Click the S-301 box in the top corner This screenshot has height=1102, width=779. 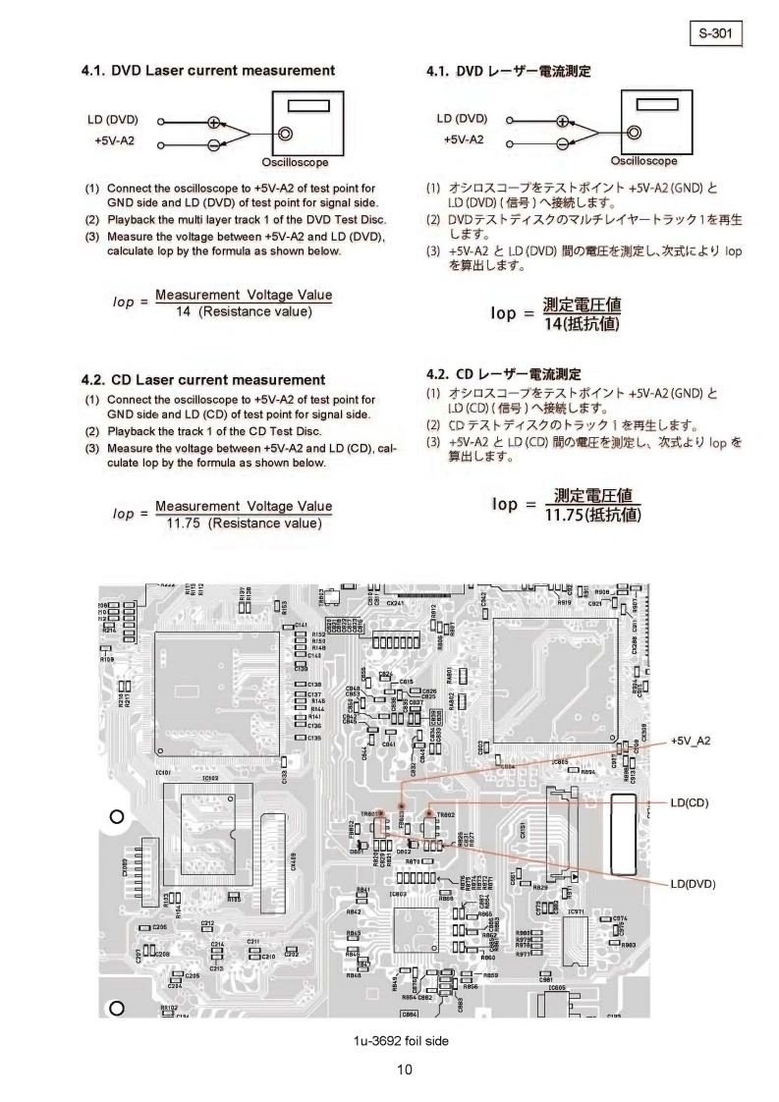coord(716,32)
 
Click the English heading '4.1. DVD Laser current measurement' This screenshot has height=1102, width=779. coord(207,71)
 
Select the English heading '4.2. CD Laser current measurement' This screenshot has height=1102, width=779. coord(203,379)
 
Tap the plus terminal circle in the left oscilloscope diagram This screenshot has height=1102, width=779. coord(214,123)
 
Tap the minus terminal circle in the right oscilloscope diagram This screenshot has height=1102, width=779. coord(562,143)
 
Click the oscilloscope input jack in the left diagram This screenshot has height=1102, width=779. coord(285,134)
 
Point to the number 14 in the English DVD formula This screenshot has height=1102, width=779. coord(183,312)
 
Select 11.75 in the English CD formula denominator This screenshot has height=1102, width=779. coord(184,523)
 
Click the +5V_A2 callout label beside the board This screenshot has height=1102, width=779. coord(691,741)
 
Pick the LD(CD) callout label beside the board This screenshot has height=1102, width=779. coord(690,802)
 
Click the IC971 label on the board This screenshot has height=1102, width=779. coord(577,912)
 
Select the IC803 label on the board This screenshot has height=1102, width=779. coord(398,894)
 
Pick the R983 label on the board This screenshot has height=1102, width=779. coord(629,945)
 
